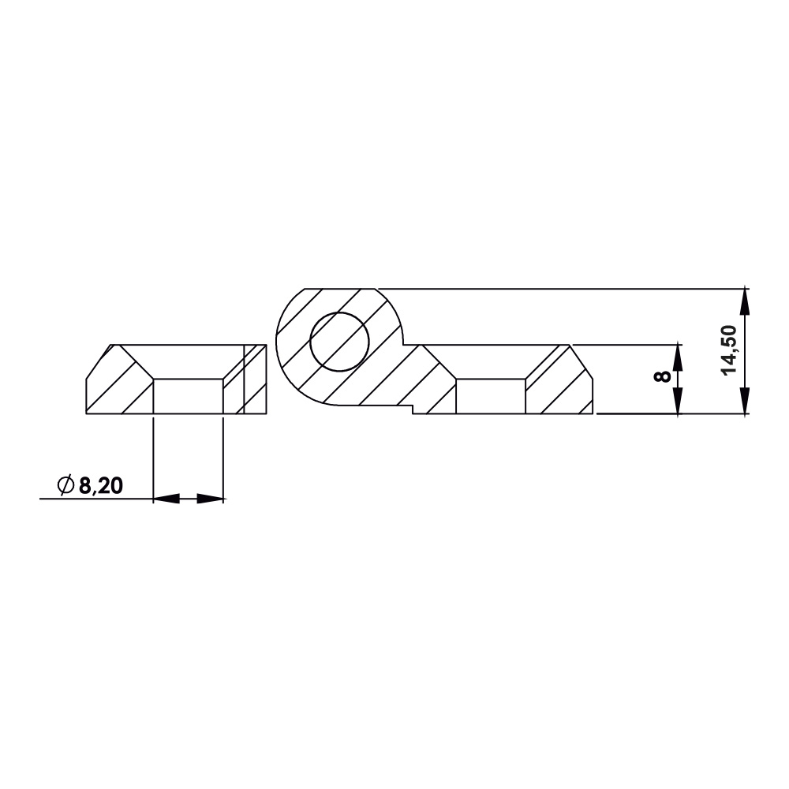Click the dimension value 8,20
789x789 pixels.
[x=100, y=486]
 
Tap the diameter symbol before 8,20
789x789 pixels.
[x=66, y=486]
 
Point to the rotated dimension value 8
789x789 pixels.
[x=664, y=376]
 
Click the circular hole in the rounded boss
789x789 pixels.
[x=339, y=341]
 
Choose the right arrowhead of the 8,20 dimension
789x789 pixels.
[x=211, y=499]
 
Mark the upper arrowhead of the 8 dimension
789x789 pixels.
[x=678, y=353]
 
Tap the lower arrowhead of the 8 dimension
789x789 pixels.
[x=678, y=404]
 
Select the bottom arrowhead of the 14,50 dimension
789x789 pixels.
[x=746, y=404]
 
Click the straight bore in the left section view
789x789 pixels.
[x=188, y=396]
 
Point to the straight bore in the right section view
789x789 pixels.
[x=491, y=396]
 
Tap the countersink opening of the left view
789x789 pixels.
[x=188, y=361]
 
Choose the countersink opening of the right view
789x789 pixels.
[x=491, y=361]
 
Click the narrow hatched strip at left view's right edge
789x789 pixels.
[x=255, y=379]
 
